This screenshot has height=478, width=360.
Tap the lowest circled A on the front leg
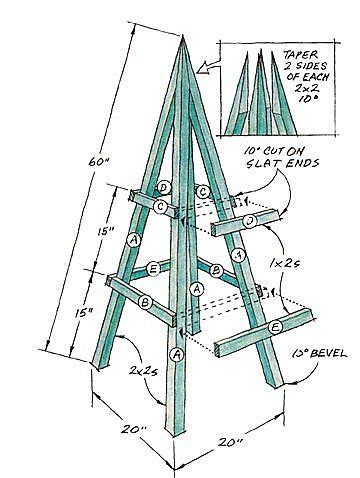[178, 354]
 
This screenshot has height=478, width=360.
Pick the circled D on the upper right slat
[249, 218]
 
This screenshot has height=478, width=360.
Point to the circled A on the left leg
[133, 240]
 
